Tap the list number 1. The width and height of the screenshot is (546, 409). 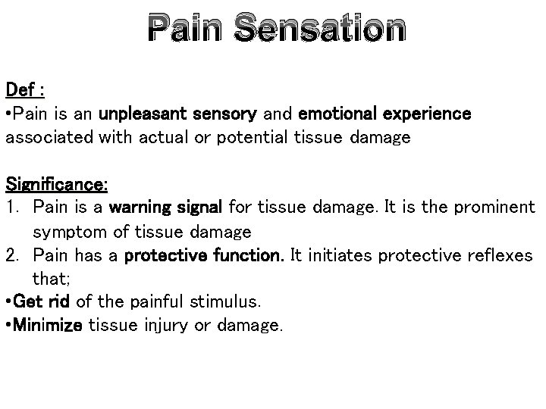point(11,208)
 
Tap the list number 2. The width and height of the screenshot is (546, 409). point(12,255)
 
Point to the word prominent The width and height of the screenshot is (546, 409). point(497,208)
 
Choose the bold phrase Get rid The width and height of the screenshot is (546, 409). point(42,302)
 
